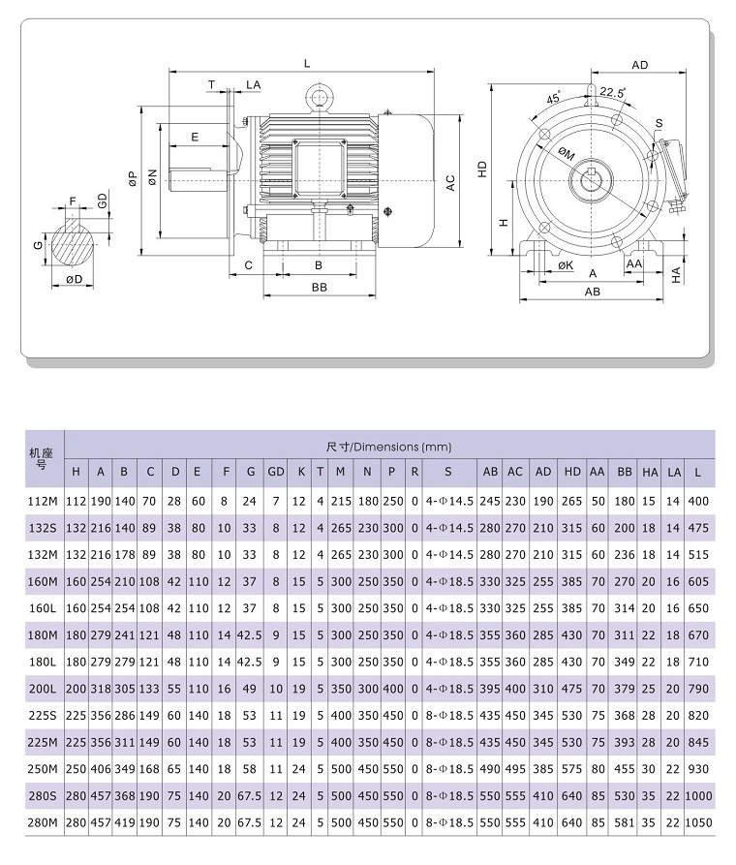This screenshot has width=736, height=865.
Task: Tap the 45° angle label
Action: [553, 99]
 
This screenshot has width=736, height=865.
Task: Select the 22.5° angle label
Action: [612, 93]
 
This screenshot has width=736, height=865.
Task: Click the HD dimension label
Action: [481, 168]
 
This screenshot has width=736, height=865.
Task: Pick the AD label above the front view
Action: [639, 65]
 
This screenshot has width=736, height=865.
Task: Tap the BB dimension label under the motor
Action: [319, 288]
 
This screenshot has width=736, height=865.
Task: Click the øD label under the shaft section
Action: [73, 280]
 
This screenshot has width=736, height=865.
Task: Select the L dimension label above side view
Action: [307, 64]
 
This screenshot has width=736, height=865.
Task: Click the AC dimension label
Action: [449, 183]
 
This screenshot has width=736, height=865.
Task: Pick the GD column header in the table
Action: [276, 472]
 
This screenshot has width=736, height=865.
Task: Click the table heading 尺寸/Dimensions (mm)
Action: [389, 447]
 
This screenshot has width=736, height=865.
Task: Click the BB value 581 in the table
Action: [625, 822]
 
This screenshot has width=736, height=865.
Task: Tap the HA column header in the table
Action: [651, 472]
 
